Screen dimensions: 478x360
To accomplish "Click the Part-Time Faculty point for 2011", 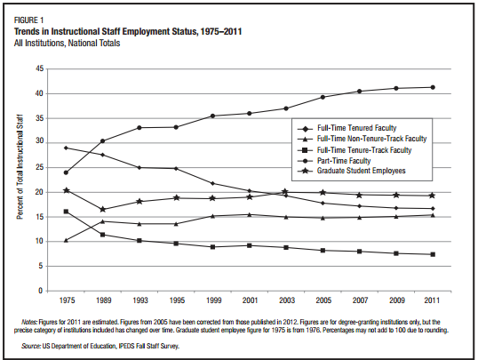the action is click(x=433, y=87).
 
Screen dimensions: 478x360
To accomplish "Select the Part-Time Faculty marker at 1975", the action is click(x=66, y=172).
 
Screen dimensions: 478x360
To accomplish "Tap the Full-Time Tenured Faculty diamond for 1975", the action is click(x=66, y=148).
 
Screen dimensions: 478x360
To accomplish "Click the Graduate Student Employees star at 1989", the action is click(x=103, y=209).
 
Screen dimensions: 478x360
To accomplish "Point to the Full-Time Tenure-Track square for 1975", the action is click(x=66, y=212).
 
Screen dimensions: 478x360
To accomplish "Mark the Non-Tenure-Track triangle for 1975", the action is click(x=66, y=240).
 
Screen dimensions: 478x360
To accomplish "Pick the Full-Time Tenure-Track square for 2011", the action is click(x=433, y=254).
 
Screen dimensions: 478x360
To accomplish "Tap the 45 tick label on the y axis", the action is click(x=40, y=68).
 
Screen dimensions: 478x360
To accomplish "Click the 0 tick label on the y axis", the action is click(x=41, y=291).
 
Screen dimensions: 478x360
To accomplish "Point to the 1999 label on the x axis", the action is click(x=214, y=300).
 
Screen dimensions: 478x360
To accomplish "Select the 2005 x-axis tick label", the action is click(x=323, y=300).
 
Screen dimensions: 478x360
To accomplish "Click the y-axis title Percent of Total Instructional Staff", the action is click(x=20, y=167).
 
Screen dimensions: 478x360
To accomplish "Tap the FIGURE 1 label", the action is click(x=29, y=20).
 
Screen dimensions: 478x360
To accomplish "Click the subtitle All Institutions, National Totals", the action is click(x=67, y=43).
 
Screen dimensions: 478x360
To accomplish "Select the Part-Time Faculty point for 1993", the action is click(x=139, y=127).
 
